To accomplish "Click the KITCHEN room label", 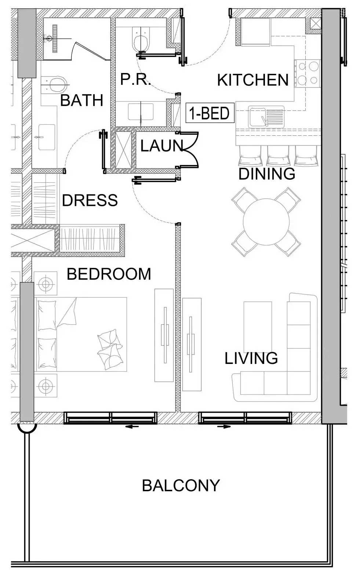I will tap(253, 80).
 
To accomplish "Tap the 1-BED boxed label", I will tap(210, 113).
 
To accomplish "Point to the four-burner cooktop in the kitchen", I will tap(308, 73).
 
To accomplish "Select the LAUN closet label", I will tap(160, 146).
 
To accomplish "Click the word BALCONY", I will tap(181, 485).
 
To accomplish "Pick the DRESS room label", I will tap(90, 200).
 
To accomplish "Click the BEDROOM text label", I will tap(109, 274).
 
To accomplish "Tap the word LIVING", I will tap(251, 358).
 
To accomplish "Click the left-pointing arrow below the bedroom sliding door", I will tap(132, 426).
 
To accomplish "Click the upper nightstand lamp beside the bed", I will tap(46, 283).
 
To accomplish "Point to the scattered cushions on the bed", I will tap(110, 349).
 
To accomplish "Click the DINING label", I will tap(267, 174).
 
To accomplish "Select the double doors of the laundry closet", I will tap(190, 150).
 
